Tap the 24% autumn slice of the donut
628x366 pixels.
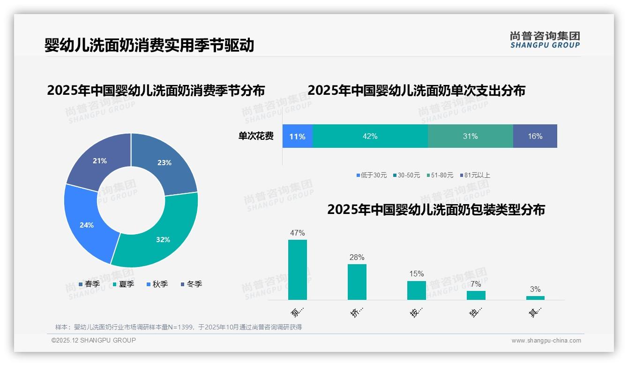[88, 224]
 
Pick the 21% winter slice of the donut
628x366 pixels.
[100, 160]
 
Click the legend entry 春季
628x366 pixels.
[89, 284]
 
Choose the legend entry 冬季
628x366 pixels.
[191, 284]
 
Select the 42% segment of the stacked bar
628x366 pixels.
[370, 136]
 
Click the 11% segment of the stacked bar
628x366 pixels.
[297, 136]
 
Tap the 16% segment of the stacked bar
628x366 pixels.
[535, 136]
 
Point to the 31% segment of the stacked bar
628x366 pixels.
[470, 136]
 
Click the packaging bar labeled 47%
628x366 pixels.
[298, 270]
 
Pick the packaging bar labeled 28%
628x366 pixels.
[357, 282]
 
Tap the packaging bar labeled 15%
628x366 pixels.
[417, 290]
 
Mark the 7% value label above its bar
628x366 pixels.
[476, 284]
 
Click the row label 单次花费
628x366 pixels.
[256, 136]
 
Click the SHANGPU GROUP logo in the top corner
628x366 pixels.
[545, 40]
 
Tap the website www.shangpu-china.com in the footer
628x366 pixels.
[546, 341]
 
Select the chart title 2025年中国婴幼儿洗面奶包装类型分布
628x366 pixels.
[436, 210]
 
